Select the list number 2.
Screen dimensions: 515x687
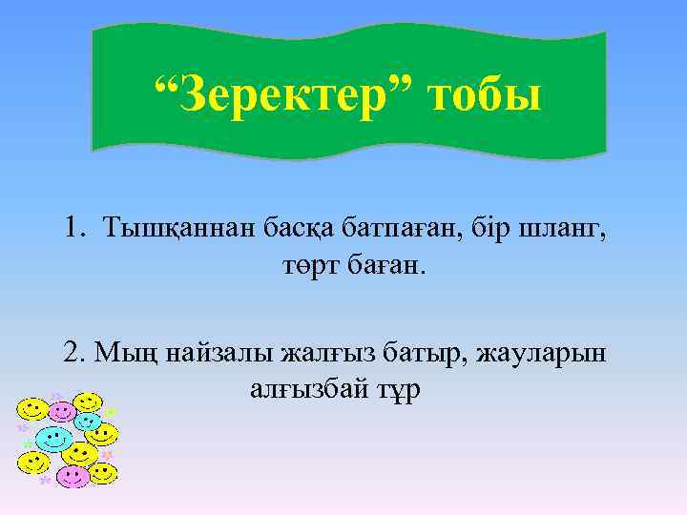tap(74, 353)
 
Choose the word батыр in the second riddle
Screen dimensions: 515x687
tap(417, 354)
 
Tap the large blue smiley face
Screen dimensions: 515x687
tap(52, 439)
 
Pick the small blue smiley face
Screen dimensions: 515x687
tap(88, 421)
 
